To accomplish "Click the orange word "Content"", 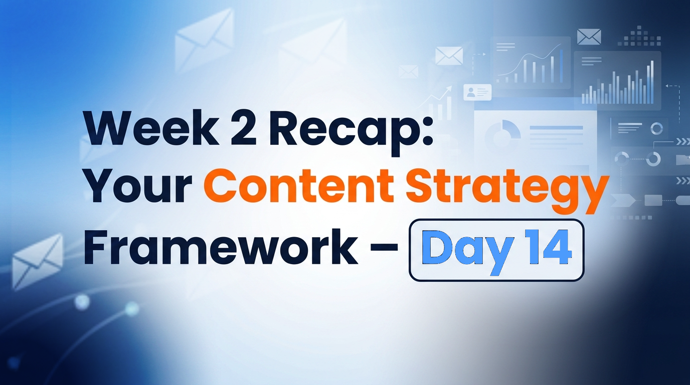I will coord(299,187).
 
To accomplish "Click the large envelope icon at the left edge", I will coord(38,260).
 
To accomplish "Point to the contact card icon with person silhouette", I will coord(477,92).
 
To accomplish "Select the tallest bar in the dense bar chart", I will coord(652,81).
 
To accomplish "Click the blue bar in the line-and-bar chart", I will coord(561,66).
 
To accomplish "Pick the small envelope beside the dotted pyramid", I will coord(589,36).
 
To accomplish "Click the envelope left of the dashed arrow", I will coord(449,56).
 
